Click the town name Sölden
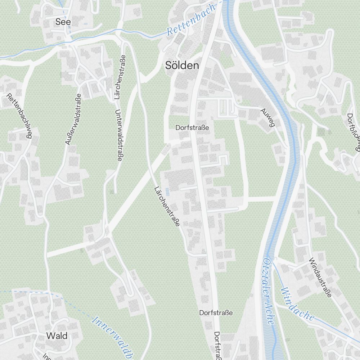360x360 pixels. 182,66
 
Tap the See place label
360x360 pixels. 63,22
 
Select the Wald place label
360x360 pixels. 57,336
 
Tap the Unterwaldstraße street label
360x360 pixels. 118,135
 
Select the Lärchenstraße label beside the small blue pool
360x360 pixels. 167,207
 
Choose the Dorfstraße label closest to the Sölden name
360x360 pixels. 192,127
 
